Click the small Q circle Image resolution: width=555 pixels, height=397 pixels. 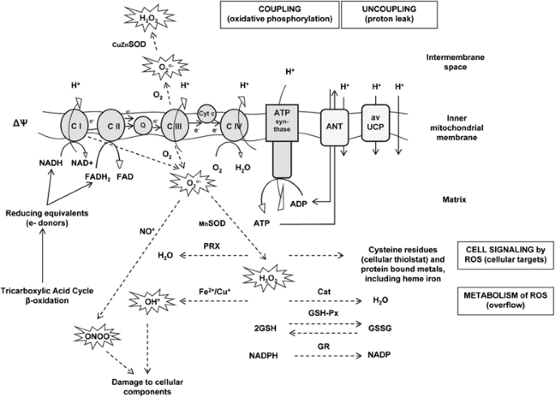point(143,126)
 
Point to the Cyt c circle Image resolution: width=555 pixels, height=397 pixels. point(206,114)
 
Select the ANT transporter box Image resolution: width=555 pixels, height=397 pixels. point(334,125)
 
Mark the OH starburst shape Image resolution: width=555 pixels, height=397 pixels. point(147,302)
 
